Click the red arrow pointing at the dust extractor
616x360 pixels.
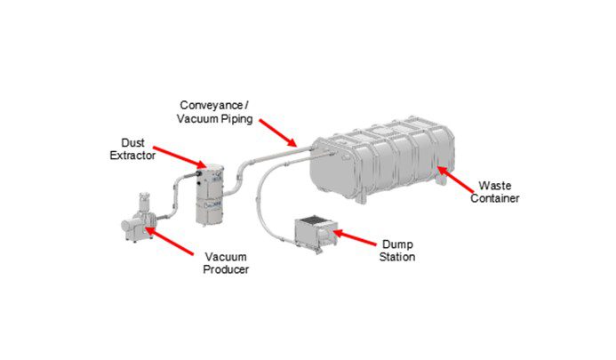(x=181, y=159)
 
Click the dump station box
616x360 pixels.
(x=314, y=236)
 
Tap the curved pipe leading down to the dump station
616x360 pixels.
(x=264, y=196)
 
